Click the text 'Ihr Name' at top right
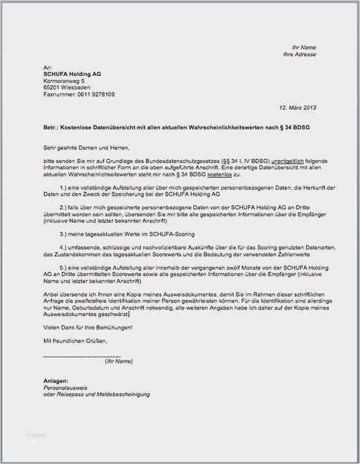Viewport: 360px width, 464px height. pyautogui.click(x=303, y=48)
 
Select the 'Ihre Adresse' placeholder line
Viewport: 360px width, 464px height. pyautogui.click(x=300, y=55)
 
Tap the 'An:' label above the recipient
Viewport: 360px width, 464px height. pyautogui.click(x=47, y=68)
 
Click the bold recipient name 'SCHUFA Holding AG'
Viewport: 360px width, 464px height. pyautogui.click(x=72, y=74)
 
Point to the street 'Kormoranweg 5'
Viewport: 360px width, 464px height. pyautogui.click(x=64, y=81)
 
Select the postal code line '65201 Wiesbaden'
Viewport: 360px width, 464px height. pyautogui.click(x=66, y=88)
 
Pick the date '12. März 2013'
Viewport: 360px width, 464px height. pyautogui.click(x=298, y=107)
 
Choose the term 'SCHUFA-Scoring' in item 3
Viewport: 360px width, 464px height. pyautogui.click(x=172, y=234)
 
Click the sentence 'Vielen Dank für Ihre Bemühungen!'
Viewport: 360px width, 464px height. pyautogui.click(x=88, y=328)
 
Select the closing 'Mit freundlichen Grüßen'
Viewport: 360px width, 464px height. pyautogui.click(x=75, y=340)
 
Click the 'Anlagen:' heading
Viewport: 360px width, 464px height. pyautogui.click(x=55, y=381)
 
